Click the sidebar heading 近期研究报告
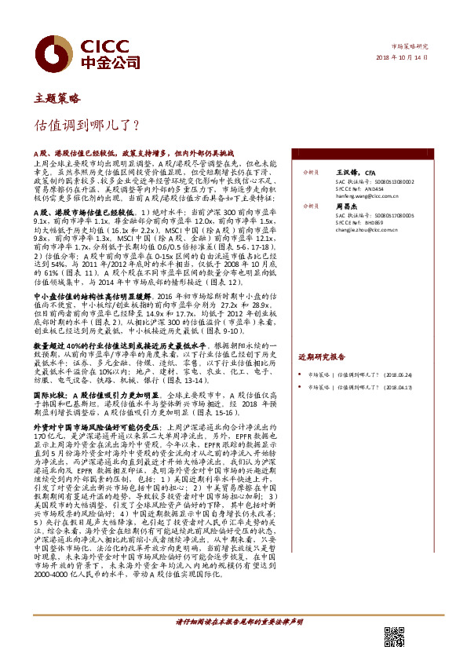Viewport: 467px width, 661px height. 321,334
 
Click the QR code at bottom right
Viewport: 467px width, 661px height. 394,637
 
